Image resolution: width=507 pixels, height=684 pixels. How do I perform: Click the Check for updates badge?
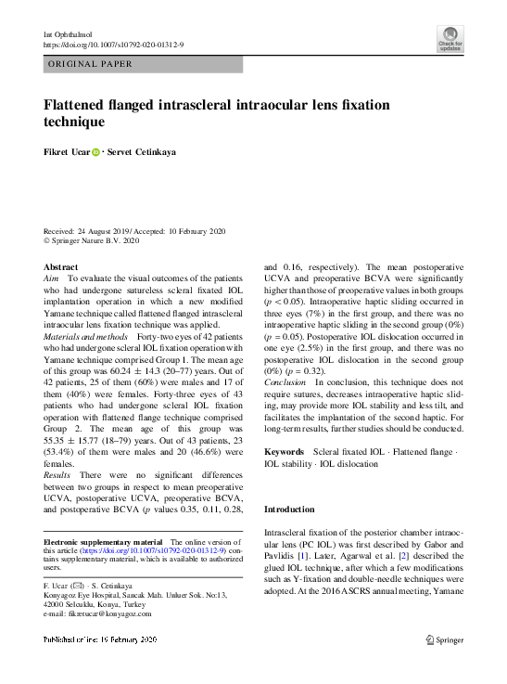[450, 38]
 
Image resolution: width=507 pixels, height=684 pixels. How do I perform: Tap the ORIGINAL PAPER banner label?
[89, 64]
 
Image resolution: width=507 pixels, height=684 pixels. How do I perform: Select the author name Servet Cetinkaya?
[142, 151]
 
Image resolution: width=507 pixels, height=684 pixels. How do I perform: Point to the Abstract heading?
[61, 266]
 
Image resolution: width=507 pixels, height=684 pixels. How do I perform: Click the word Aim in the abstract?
[52, 278]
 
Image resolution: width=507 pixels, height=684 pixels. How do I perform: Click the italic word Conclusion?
[285, 381]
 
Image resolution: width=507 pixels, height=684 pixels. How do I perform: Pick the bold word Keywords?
[285, 450]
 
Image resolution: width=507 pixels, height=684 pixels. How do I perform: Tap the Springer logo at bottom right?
[444, 639]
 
